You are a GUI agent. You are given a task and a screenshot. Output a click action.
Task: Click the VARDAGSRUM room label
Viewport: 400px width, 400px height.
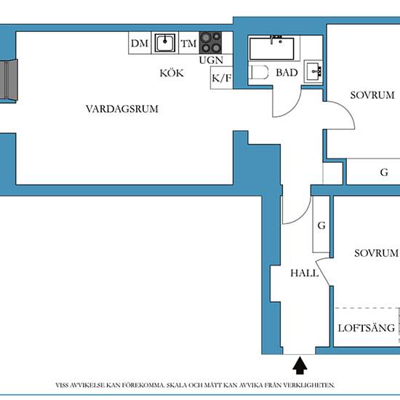click(x=122, y=109)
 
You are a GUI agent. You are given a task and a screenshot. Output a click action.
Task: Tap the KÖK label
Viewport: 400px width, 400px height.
click(x=172, y=73)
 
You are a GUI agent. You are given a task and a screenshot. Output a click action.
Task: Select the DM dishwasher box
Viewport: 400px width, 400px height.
click(x=140, y=43)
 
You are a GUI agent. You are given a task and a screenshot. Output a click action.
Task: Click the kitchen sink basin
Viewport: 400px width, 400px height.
click(x=165, y=43)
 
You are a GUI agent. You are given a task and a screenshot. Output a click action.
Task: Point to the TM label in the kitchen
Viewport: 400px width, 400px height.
click(x=188, y=44)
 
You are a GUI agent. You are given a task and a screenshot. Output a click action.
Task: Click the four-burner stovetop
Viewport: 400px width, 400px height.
click(x=210, y=43)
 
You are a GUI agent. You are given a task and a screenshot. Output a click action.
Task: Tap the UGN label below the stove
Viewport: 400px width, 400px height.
click(x=211, y=60)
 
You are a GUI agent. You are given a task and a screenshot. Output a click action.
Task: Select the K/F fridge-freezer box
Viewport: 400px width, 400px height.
click(x=221, y=78)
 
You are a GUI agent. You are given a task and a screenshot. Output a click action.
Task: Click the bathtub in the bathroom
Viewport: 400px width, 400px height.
click(x=272, y=49)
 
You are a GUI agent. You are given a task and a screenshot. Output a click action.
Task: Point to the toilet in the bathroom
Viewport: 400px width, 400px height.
click(x=258, y=73)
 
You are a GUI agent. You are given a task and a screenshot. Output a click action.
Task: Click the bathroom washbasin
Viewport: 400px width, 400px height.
click(x=313, y=71)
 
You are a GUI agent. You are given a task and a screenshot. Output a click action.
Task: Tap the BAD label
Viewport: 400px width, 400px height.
click(x=287, y=73)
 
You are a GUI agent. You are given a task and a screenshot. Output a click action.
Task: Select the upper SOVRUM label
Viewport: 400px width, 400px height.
click(x=372, y=95)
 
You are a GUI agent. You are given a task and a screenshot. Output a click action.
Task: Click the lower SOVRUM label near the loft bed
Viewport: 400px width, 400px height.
click(x=376, y=253)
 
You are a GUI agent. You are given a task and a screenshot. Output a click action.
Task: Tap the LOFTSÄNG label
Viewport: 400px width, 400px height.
click(x=367, y=328)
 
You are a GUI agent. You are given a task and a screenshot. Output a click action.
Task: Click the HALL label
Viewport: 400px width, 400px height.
click(x=305, y=273)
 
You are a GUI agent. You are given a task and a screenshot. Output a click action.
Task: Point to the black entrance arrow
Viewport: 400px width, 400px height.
click(x=300, y=365)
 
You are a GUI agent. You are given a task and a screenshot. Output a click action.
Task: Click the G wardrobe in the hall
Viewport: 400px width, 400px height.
click(x=321, y=224)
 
